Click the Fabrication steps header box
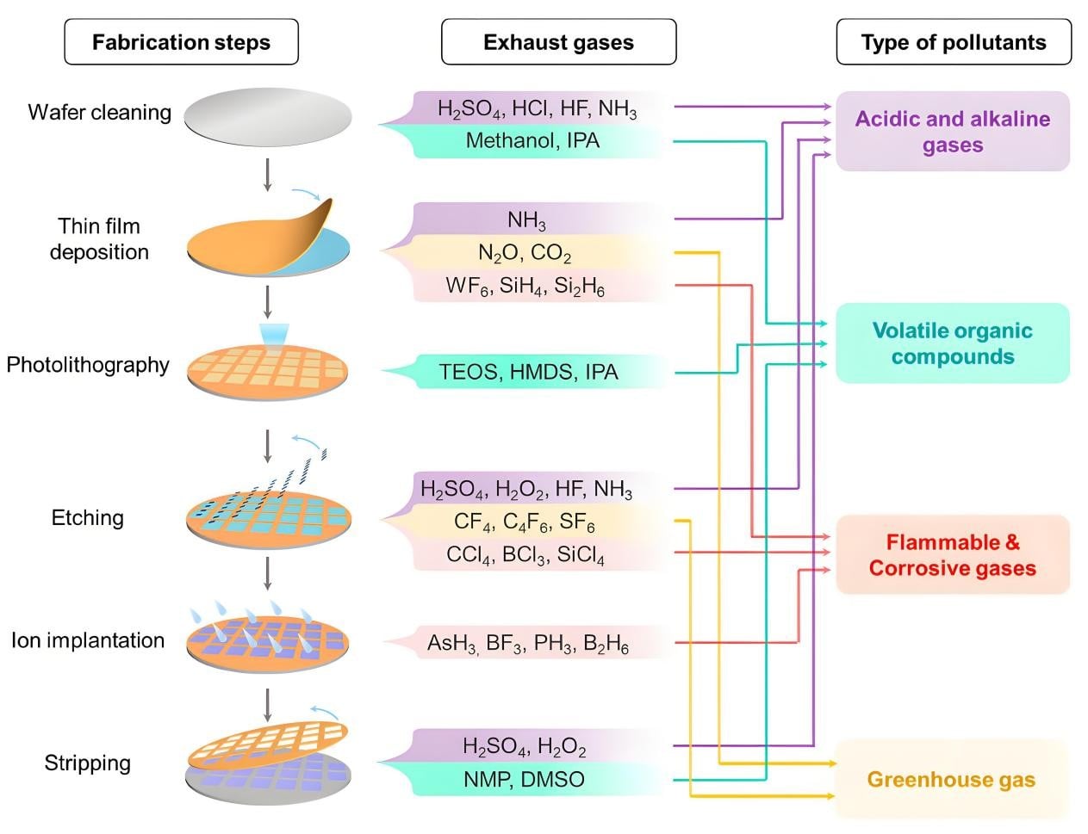click(x=181, y=41)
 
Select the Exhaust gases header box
click(x=559, y=41)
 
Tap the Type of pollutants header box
click(x=954, y=41)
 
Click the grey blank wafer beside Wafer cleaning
click(x=268, y=117)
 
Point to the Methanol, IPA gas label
click(x=532, y=140)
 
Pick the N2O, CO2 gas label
click(x=525, y=253)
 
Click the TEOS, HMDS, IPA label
click(x=528, y=372)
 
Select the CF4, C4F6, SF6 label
click(x=525, y=522)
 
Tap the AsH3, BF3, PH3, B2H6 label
click(x=528, y=643)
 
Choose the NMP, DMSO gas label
click(x=525, y=779)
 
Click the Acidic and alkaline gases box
click(x=953, y=132)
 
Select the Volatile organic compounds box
click(x=953, y=343)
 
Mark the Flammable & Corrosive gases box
click(x=953, y=554)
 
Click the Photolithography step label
click(x=88, y=365)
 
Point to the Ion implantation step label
click(x=88, y=640)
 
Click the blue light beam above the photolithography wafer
click(x=274, y=334)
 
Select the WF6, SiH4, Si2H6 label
click(x=525, y=286)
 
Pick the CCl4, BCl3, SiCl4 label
click(x=525, y=554)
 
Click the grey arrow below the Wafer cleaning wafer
click(x=268, y=175)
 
